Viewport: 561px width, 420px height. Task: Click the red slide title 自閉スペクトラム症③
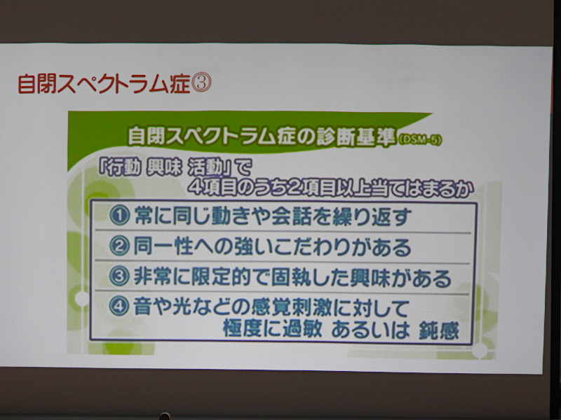[114, 83]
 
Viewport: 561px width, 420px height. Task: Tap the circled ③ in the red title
[201, 83]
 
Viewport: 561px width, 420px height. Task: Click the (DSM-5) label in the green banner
[419, 139]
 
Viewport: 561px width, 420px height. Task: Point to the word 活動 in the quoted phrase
[206, 168]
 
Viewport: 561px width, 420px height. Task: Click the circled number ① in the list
[119, 216]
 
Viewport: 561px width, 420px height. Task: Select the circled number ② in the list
[119, 246]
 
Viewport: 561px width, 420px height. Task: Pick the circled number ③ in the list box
[119, 277]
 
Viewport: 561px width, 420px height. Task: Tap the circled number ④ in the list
[119, 307]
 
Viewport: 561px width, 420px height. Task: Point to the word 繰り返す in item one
[372, 216]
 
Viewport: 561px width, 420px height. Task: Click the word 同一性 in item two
[163, 246]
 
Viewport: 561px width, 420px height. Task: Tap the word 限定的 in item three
[221, 277]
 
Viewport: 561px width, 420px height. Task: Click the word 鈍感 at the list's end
[439, 330]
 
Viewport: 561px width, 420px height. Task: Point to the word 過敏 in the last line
[303, 329]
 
